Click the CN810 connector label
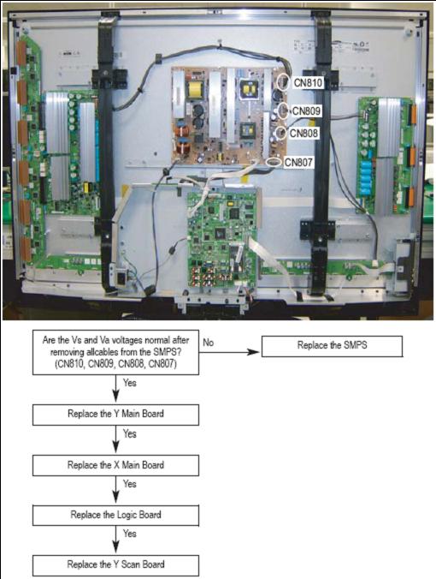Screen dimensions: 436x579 click(308, 83)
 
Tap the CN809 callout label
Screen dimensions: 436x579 click(307, 110)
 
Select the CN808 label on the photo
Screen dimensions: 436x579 click(303, 133)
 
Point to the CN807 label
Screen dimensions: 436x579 click(298, 162)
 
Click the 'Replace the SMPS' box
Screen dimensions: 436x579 click(332, 346)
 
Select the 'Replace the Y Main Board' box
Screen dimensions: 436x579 click(115, 415)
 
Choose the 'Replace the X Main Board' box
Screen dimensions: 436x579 click(115, 465)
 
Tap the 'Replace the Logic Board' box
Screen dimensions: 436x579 click(115, 515)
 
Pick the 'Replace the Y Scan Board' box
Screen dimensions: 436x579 click(115, 565)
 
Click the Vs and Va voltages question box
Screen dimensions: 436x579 click(115, 352)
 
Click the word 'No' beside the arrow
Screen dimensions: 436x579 click(209, 343)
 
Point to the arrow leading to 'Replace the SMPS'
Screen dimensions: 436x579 click(229, 352)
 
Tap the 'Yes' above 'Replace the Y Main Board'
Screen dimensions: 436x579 click(130, 383)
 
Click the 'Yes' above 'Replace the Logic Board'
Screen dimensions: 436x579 click(130, 484)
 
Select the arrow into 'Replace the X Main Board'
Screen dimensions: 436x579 click(115, 439)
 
